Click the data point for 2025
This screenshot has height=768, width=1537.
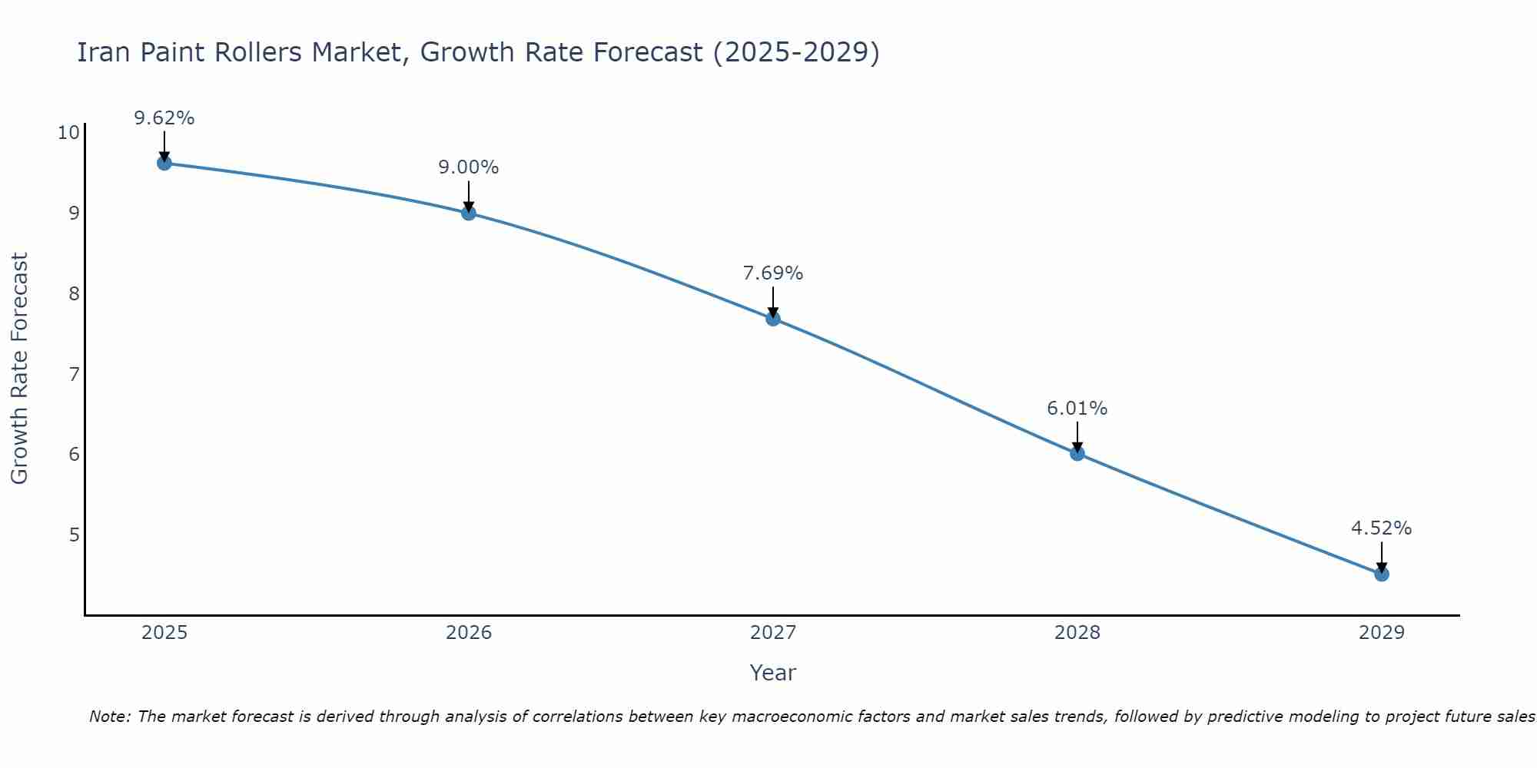[164, 163]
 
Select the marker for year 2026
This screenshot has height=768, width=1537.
[469, 213]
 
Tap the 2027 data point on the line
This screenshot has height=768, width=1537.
[773, 319]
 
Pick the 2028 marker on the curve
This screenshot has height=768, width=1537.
[1077, 454]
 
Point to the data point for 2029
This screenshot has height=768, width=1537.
[1382, 574]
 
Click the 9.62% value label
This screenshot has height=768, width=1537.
[164, 118]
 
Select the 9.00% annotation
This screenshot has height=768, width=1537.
[469, 167]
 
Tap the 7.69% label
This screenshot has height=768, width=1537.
[773, 273]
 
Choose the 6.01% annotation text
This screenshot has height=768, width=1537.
[1077, 409]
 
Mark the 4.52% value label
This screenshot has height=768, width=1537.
[1382, 528]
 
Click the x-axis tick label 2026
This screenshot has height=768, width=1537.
[469, 633]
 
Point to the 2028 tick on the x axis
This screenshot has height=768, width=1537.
[1077, 633]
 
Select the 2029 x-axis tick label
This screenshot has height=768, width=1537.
[1382, 633]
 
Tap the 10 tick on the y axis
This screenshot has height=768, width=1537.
[68, 133]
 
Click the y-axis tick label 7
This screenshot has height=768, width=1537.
[75, 374]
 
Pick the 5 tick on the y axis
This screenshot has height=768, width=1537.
[75, 535]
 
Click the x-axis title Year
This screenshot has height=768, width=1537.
[773, 673]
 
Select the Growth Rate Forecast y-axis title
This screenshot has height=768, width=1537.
[20, 368]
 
